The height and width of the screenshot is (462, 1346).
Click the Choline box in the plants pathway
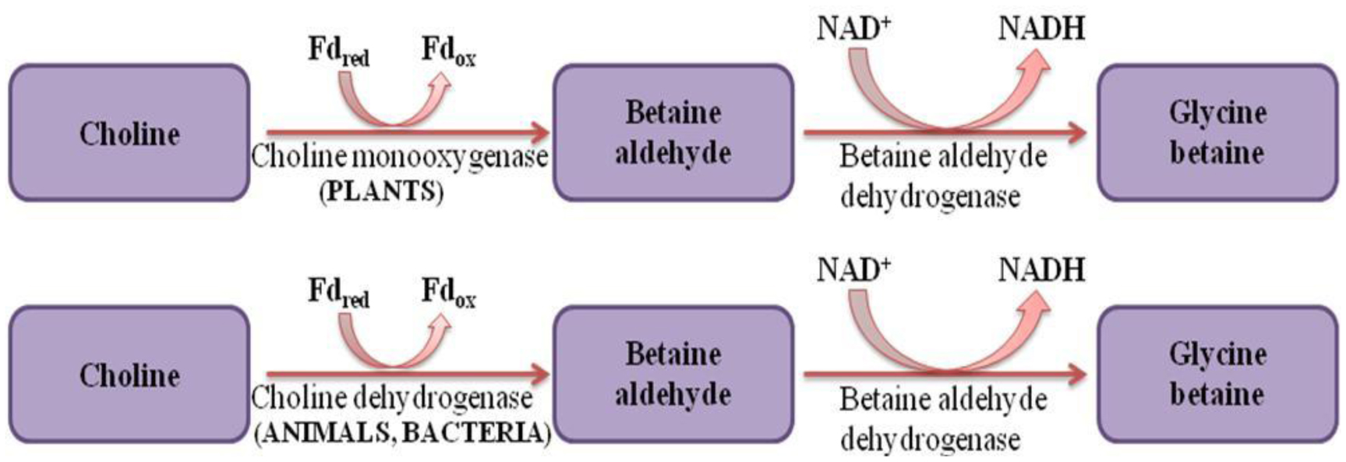pos(129,133)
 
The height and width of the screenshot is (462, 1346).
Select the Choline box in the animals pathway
pos(129,375)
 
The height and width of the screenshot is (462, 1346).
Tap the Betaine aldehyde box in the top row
pos(673,133)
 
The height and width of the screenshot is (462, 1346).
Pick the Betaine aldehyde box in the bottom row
pos(673,375)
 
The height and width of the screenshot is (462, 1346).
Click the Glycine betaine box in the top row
pos(1217,133)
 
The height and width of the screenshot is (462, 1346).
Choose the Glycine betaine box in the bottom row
pos(1217,375)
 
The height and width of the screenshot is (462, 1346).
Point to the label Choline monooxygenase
pos(399,158)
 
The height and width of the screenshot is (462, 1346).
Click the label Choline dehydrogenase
pos(391,399)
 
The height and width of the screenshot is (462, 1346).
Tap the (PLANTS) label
pos(381,192)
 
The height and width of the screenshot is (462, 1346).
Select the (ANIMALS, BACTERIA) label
pos(402,433)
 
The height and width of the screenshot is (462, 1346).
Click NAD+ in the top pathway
pos(853,29)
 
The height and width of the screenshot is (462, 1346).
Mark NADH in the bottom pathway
pos(1041,271)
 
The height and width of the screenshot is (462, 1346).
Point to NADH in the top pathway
pos(1041,29)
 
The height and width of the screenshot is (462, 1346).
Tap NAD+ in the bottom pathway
pos(853,271)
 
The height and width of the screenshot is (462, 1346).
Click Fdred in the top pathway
pos(338,52)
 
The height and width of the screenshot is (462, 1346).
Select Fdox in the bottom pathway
pos(448,293)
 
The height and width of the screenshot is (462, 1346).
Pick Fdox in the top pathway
pos(448,52)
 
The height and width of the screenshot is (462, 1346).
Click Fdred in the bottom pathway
pos(338,293)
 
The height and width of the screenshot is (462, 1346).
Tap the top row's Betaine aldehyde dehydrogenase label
pos(941,176)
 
